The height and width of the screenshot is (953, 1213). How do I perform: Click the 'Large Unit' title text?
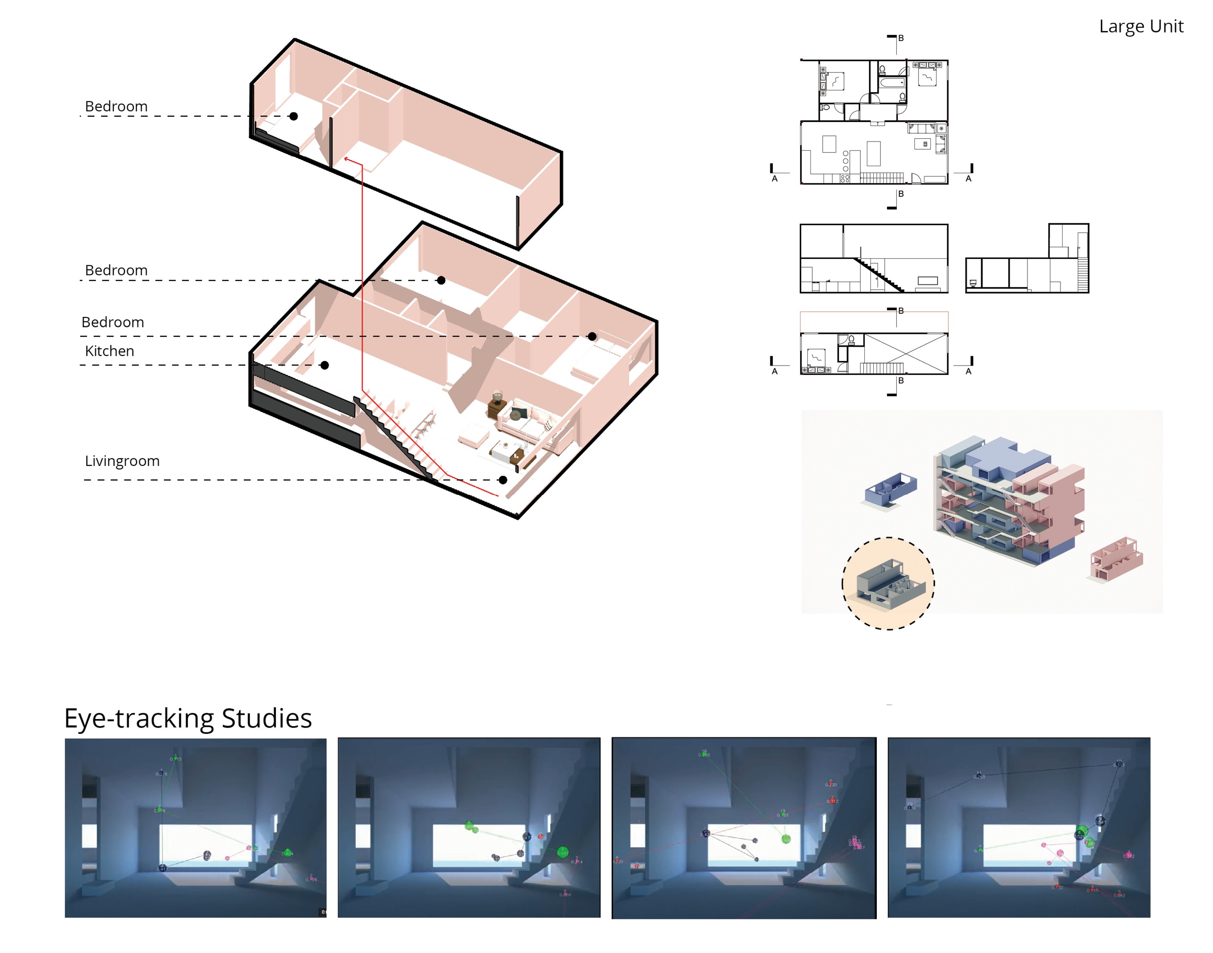(1141, 27)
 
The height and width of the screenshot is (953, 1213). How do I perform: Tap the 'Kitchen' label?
(109, 351)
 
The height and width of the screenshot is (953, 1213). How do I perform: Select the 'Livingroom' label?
(122, 461)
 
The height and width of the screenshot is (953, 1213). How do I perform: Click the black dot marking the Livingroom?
(503, 480)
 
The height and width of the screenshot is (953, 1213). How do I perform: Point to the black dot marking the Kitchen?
(325, 365)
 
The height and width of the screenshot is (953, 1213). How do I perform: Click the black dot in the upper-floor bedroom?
(293, 116)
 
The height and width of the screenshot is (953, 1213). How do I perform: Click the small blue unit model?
(889, 489)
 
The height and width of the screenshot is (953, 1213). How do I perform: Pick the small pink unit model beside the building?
(1116, 559)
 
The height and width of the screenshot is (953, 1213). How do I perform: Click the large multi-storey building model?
(1009, 500)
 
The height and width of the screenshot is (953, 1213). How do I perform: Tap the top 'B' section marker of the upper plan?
(900, 38)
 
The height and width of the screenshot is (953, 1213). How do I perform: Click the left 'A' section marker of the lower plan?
(774, 371)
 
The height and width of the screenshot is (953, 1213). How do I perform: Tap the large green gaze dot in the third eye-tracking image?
(786, 839)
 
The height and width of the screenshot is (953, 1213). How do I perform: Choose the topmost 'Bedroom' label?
(116, 106)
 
